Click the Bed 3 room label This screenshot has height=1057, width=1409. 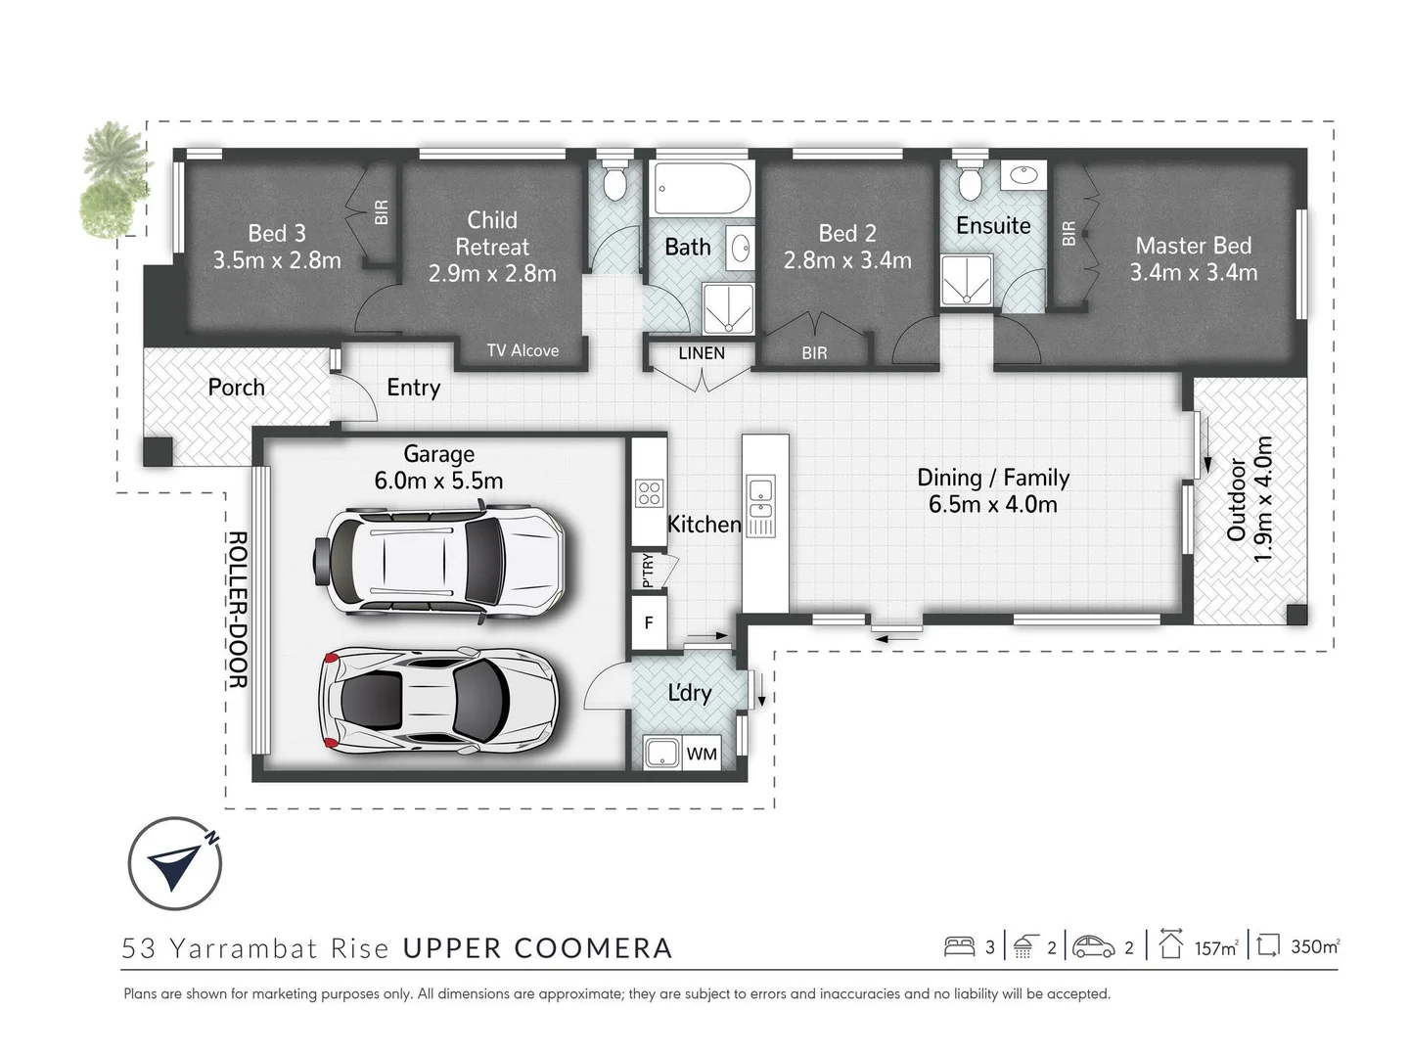[x=277, y=247]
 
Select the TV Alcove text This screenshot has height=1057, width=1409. [x=523, y=350]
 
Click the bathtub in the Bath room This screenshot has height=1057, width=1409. [x=702, y=188]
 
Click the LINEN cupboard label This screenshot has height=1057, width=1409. [x=702, y=353]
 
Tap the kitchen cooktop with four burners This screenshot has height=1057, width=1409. [x=649, y=494]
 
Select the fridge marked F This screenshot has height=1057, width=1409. [x=649, y=622]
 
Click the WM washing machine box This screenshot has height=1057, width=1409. [x=702, y=754]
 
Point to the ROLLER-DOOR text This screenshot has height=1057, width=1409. [x=238, y=610]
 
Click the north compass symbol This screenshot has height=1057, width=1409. [x=175, y=863]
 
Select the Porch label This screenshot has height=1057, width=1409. [x=236, y=387]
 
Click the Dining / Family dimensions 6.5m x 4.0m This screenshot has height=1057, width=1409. [x=992, y=504]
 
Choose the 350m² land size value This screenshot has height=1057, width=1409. [x=1315, y=946]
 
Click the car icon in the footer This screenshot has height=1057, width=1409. [x=1094, y=946]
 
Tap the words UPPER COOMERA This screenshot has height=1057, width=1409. [x=537, y=948]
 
